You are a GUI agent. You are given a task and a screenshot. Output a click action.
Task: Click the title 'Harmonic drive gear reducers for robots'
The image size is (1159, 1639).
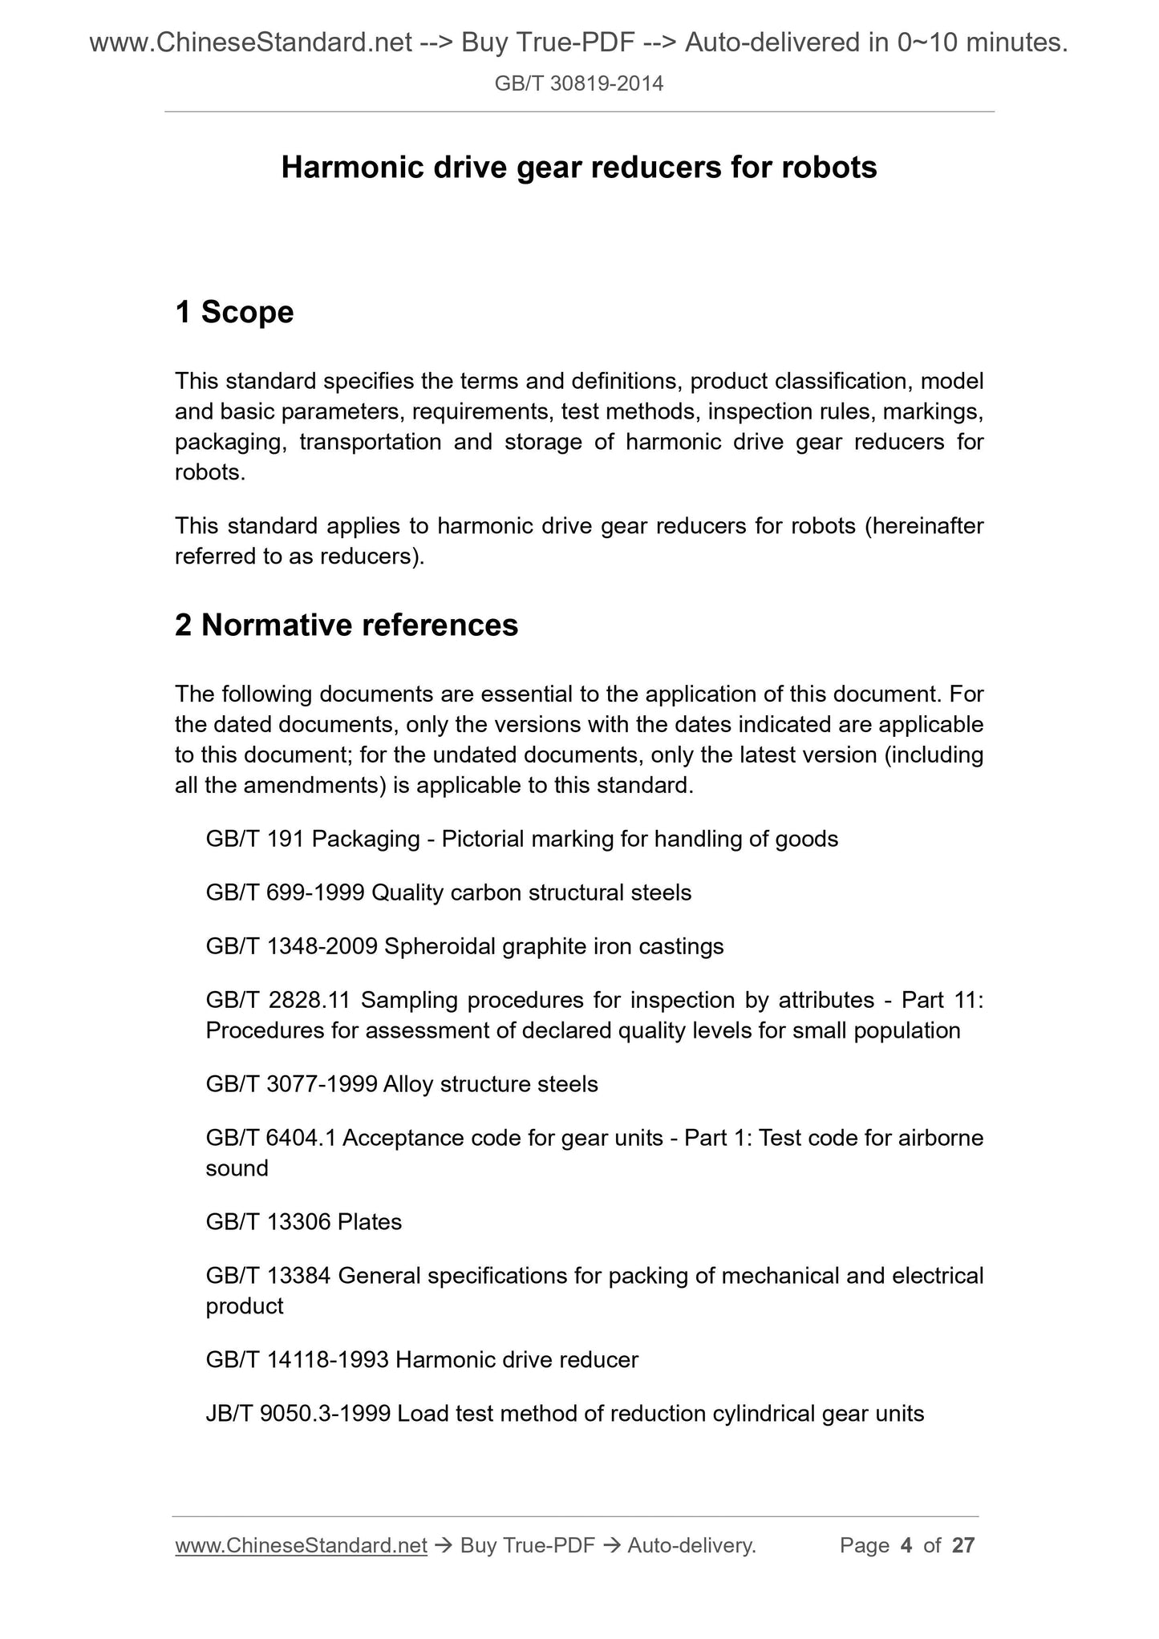point(578,167)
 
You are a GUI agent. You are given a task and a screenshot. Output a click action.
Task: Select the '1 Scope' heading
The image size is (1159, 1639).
point(234,312)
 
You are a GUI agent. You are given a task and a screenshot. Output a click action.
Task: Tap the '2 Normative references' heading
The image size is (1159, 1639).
point(346,625)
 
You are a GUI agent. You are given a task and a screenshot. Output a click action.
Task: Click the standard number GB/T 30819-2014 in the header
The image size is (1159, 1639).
point(578,83)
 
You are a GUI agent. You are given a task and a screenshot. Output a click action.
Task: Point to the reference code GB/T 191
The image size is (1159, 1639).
point(255,839)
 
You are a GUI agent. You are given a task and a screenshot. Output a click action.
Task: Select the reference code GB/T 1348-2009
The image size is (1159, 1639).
point(291,946)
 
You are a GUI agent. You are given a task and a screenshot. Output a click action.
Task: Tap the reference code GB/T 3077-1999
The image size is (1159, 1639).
point(291,1084)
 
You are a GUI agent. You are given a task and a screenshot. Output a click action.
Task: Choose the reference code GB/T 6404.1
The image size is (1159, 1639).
point(270,1138)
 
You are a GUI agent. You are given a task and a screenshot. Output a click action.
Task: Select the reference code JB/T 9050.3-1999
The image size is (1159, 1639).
point(298,1413)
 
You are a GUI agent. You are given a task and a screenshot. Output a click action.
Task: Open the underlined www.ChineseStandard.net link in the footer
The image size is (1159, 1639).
point(300,1545)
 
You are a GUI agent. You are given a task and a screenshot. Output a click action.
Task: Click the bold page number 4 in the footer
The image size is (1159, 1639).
point(906,1545)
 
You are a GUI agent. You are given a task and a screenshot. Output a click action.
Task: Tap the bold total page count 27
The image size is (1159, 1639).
point(962,1545)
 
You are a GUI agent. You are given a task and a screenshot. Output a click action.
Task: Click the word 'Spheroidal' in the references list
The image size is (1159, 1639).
point(440,946)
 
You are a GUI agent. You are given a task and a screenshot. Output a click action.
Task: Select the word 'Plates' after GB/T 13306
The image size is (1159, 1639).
point(370,1221)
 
